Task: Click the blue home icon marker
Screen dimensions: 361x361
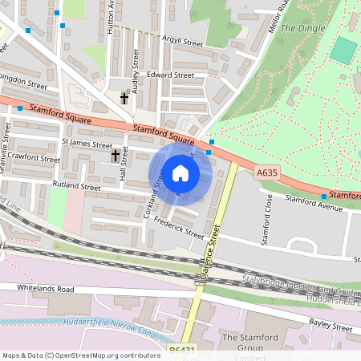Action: pos(180,172)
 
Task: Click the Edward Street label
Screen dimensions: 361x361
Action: pos(171,75)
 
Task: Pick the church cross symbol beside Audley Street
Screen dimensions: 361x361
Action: pos(124,98)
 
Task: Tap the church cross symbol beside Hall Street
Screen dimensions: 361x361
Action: pos(115,154)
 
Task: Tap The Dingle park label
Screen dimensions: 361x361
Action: pos(302,28)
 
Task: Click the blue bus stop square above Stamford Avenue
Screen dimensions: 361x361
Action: pos(324,196)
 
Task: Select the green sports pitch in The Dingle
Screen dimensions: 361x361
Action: pos(343,51)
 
